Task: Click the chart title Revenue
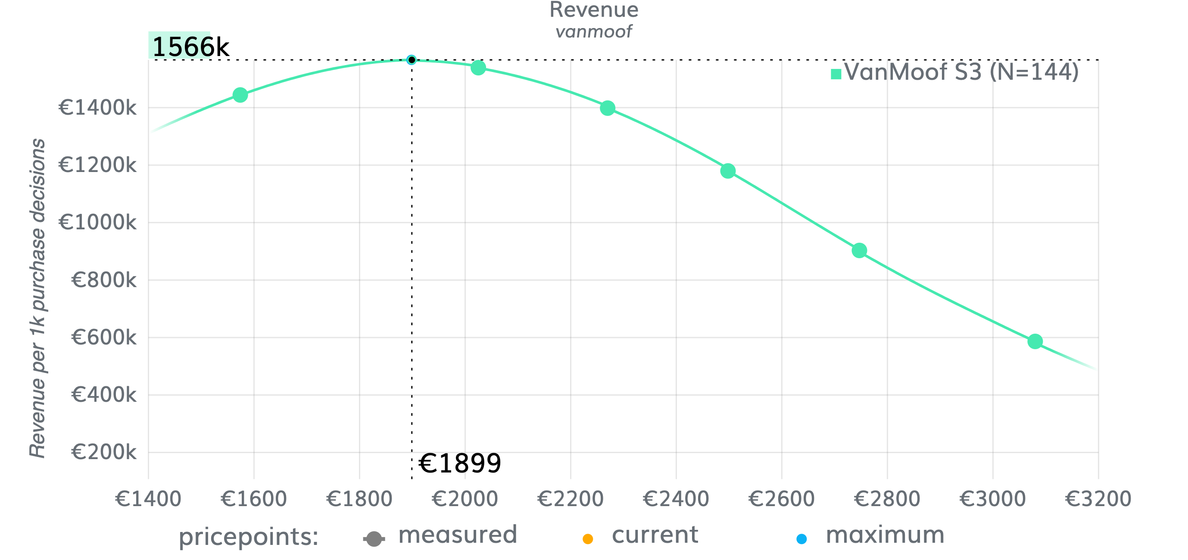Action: click(593, 10)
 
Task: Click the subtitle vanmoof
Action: click(593, 32)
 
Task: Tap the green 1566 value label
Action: click(179, 46)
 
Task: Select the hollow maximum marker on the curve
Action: click(412, 60)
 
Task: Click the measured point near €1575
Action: click(240, 95)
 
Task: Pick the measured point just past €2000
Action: click(478, 68)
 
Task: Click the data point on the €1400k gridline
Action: click(608, 108)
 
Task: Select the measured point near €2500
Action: click(728, 171)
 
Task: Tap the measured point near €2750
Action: click(859, 250)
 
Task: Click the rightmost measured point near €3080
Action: click(1035, 341)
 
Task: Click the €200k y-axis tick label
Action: click(104, 452)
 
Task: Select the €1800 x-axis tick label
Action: click(359, 499)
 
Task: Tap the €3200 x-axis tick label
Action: click(1098, 499)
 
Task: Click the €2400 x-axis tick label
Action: click(676, 499)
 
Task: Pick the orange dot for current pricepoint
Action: click(588, 539)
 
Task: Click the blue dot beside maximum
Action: click(801, 539)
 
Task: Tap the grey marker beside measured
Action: click(374, 539)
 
